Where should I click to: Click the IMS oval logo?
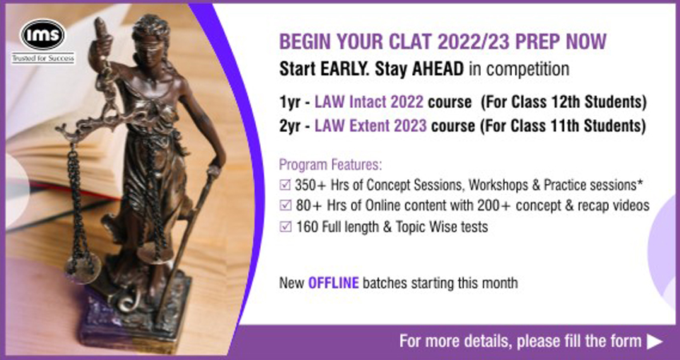tap(42, 34)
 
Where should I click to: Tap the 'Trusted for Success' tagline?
tap(43, 58)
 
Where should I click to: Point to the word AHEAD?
tap(438, 70)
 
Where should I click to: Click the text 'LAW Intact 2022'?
tap(369, 102)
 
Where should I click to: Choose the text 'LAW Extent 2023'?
tap(370, 126)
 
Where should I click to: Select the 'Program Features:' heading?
tap(330, 165)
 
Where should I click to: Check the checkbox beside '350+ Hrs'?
tap(285, 186)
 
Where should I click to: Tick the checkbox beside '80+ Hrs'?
tap(285, 205)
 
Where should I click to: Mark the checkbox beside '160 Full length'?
tap(285, 226)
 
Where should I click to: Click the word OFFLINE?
tap(334, 283)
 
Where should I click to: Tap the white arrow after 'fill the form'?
tap(654, 342)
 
